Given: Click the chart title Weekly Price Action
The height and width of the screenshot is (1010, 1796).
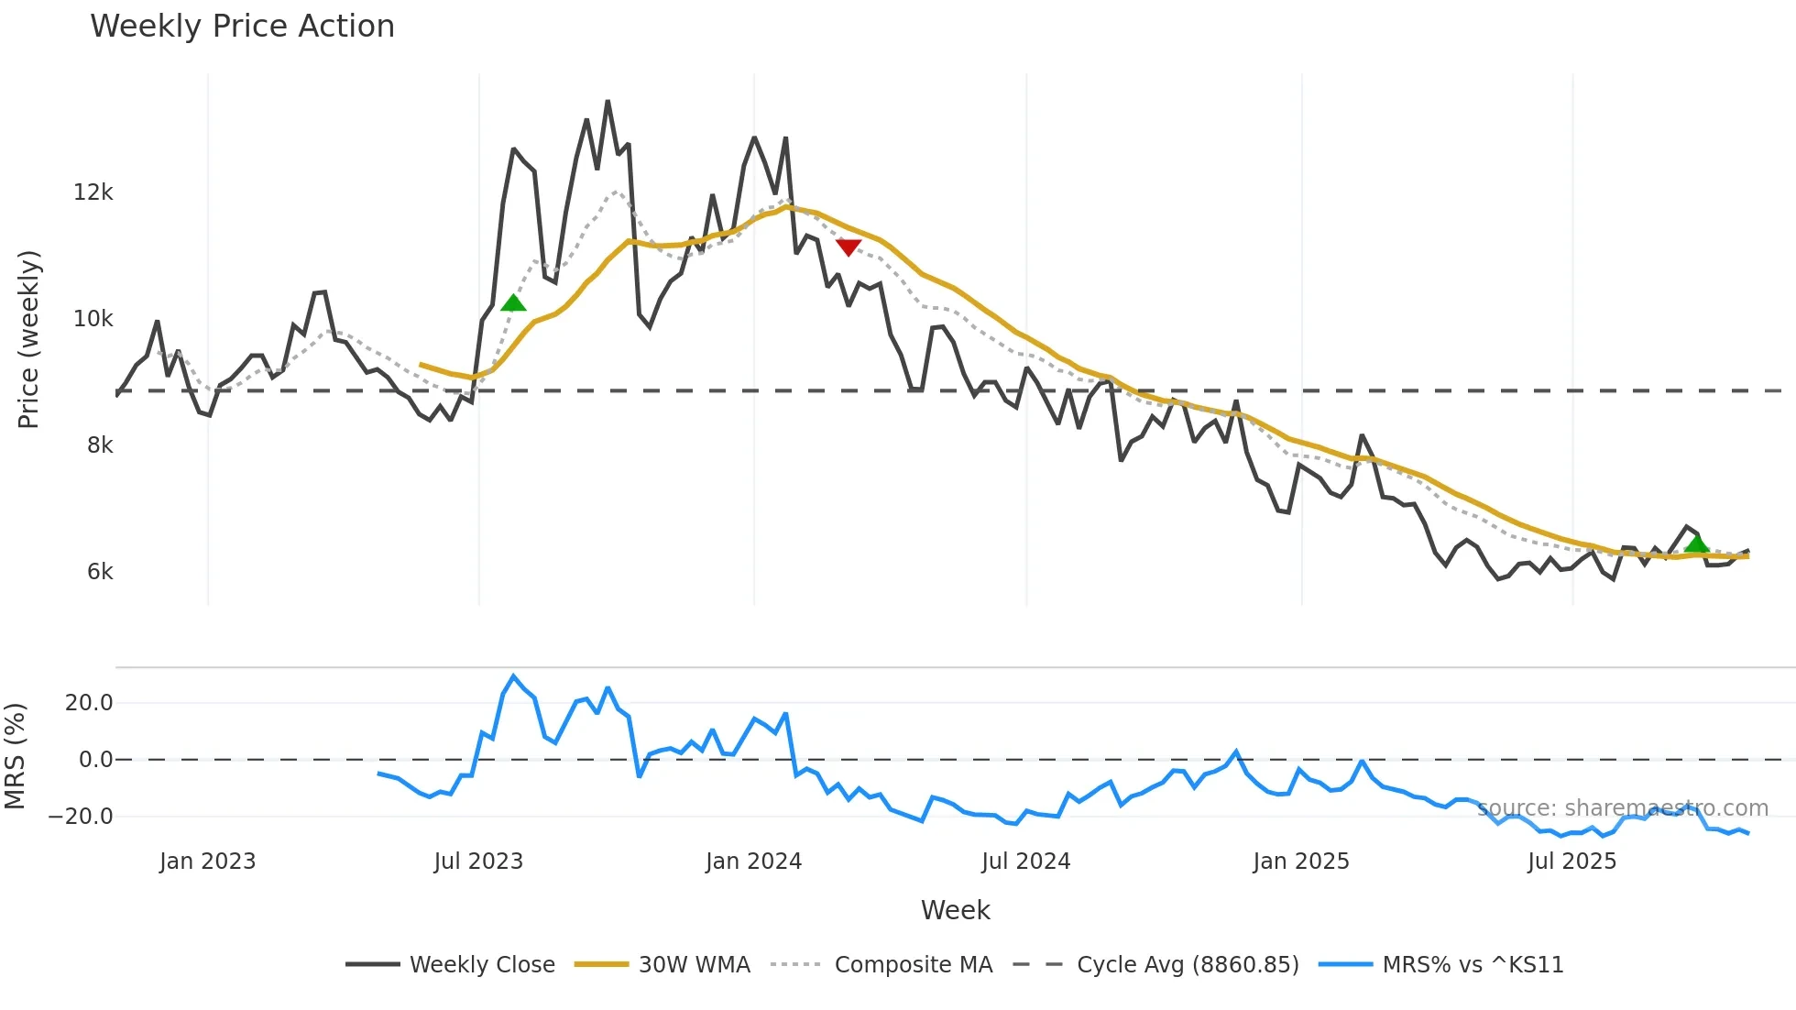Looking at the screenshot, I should (242, 27).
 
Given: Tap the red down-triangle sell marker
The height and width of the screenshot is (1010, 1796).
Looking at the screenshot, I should (849, 247).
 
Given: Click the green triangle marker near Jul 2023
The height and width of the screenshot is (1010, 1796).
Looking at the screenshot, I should (514, 303).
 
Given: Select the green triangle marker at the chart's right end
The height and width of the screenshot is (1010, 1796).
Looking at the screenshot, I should (1696, 544).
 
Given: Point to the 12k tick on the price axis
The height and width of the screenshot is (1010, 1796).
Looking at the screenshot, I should (93, 192).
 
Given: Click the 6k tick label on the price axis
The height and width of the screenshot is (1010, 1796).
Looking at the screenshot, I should (100, 572).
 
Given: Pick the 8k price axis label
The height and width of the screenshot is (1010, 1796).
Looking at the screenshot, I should (100, 445).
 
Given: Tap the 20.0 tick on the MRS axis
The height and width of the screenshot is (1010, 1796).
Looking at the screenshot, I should (89, 703).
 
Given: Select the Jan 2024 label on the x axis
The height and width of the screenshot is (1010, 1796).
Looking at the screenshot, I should (753, 862).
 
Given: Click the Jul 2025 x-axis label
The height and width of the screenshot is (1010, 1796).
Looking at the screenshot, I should (1571, 862).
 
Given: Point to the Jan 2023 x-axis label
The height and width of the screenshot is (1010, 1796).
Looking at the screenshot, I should (207, 862).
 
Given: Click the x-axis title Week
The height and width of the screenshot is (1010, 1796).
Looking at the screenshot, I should (955, 910).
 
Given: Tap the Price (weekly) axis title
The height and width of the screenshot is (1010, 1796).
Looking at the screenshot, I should (29, 339).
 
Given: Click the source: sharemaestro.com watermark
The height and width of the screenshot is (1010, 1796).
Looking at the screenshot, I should (1623, 808).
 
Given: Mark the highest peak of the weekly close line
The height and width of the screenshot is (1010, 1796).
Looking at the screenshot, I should (608, 102).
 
